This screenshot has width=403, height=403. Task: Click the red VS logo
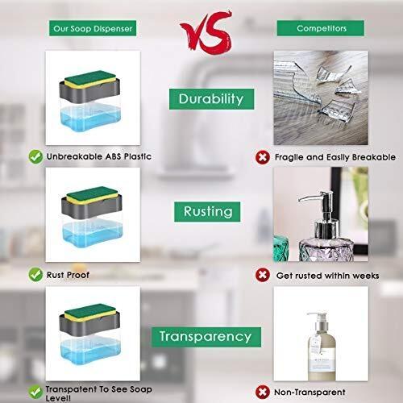[x=206, y=32]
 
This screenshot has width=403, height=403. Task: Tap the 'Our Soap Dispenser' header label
[x=93, y=28]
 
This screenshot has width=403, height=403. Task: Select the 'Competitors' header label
[x=321, y=28]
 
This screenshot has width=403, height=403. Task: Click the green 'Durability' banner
[x=211, y=99]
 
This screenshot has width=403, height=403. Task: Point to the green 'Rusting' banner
[x=207, y=212]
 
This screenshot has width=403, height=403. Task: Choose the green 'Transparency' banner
[x=206, y=337]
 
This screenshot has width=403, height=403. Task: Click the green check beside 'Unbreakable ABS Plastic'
[x=35, y=156]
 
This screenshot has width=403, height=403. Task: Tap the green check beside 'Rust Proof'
[x=35, y=275]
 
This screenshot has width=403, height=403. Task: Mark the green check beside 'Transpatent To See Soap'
[x=35, y=392]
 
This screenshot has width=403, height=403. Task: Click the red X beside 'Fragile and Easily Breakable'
[x=263, y=157]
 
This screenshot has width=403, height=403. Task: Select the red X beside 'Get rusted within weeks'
[x=263, y=275]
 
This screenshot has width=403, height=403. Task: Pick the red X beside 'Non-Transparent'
[x=263, y=392]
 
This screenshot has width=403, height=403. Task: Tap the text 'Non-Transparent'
[x=310, y=393]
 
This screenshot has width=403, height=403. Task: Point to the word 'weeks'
[x=366, y=276]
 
